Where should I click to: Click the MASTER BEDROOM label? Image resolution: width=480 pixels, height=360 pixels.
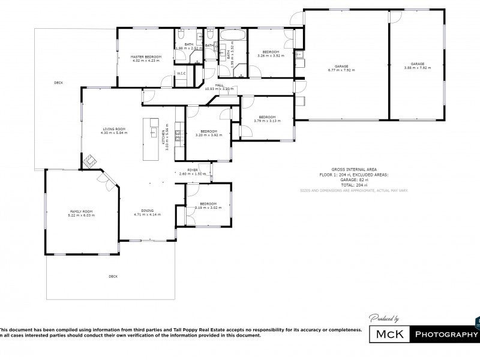tap(145, 57)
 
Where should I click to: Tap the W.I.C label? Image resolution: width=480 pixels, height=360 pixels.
tap(181, 73)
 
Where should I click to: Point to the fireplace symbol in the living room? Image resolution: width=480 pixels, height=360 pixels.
tap(91, 161)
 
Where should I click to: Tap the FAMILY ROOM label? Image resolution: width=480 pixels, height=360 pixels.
tap(82, 211)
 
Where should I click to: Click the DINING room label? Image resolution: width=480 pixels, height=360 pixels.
tap(147, 211)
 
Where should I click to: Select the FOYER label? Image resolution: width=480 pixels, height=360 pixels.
tap(193, 170)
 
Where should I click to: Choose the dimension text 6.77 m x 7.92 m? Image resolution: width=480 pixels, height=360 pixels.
tap(341, 70)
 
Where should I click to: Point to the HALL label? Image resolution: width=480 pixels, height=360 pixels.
tap(219, 85)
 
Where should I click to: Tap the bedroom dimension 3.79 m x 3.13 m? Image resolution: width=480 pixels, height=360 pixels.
tap(267, 121)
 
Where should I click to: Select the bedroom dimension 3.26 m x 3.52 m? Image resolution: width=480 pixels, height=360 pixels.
tap(269, 56)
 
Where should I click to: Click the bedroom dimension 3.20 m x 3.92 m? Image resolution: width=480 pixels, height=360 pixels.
tap(209, 135)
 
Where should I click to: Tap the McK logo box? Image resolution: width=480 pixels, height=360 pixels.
tap(389, 334)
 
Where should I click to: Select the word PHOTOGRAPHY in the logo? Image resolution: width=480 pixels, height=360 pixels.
tap(446, 334)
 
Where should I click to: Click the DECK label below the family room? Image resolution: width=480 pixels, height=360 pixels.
tap(113, 276)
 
